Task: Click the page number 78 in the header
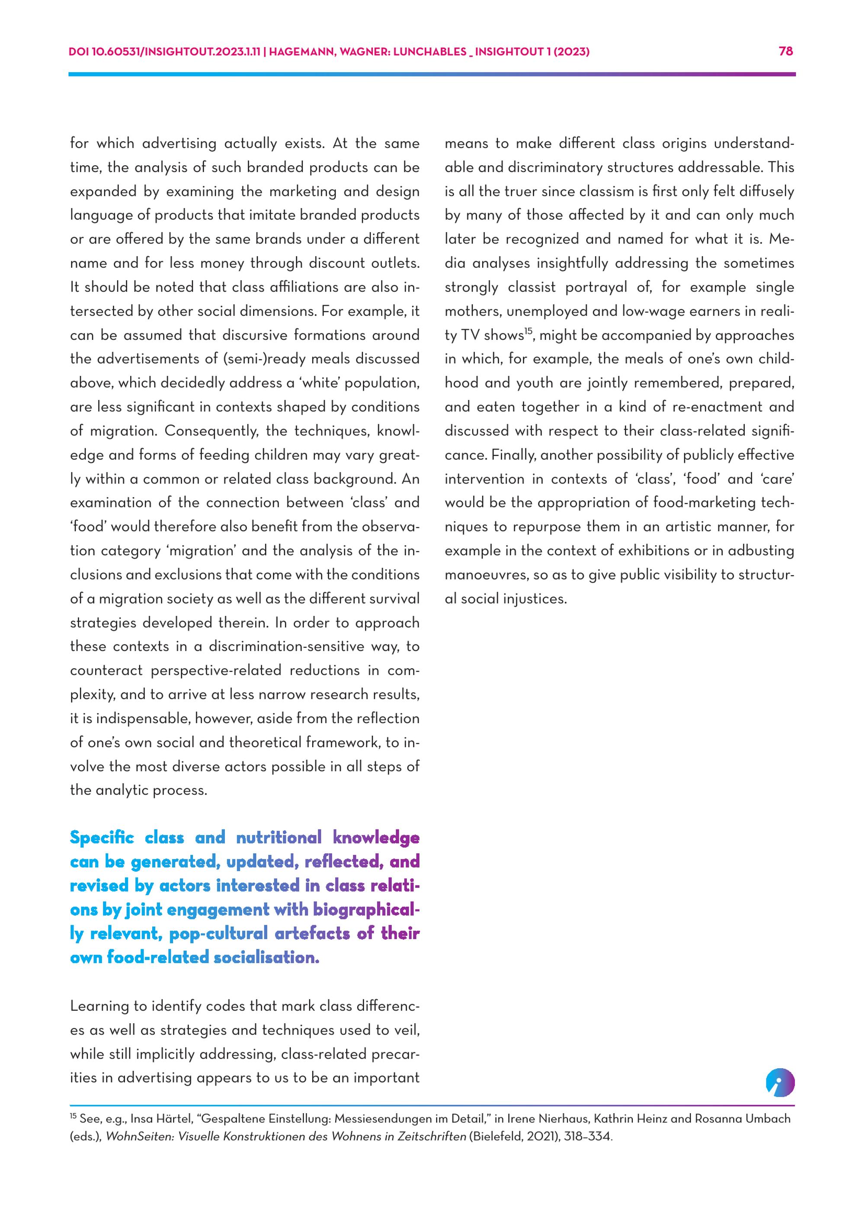pos(786,51)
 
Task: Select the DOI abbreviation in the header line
pos(79,51)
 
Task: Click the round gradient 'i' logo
pos(780,1083)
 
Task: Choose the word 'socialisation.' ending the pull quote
pos(266,957)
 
